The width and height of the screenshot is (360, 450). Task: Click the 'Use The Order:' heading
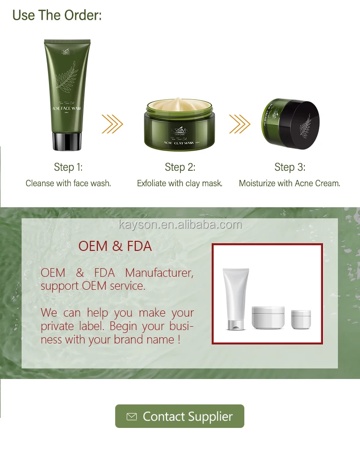[x=57, y=15]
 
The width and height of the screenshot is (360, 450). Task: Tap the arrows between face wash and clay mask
[x=112, y=124]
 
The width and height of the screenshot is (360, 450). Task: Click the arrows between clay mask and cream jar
[x=239, y=124]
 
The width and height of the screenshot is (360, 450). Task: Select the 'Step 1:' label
[x=68, y=167]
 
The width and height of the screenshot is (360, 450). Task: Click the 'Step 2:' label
[x=180, y=167]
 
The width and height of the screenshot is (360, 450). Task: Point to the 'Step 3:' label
[x=289, y=167]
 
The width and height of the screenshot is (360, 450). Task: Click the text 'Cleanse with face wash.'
[x=68, y=183]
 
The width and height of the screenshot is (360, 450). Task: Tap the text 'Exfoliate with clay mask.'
[x=180, y=183]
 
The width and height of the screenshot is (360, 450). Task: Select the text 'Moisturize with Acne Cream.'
[x=289, y=183]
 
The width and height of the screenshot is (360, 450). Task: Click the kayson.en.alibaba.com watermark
[x=180, y=225]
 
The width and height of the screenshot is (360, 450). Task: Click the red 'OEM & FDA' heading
[x=115, y=247]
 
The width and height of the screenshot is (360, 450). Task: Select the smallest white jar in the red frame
[x=301, y=318]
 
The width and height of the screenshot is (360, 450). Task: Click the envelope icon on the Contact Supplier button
[x=132, y=417]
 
